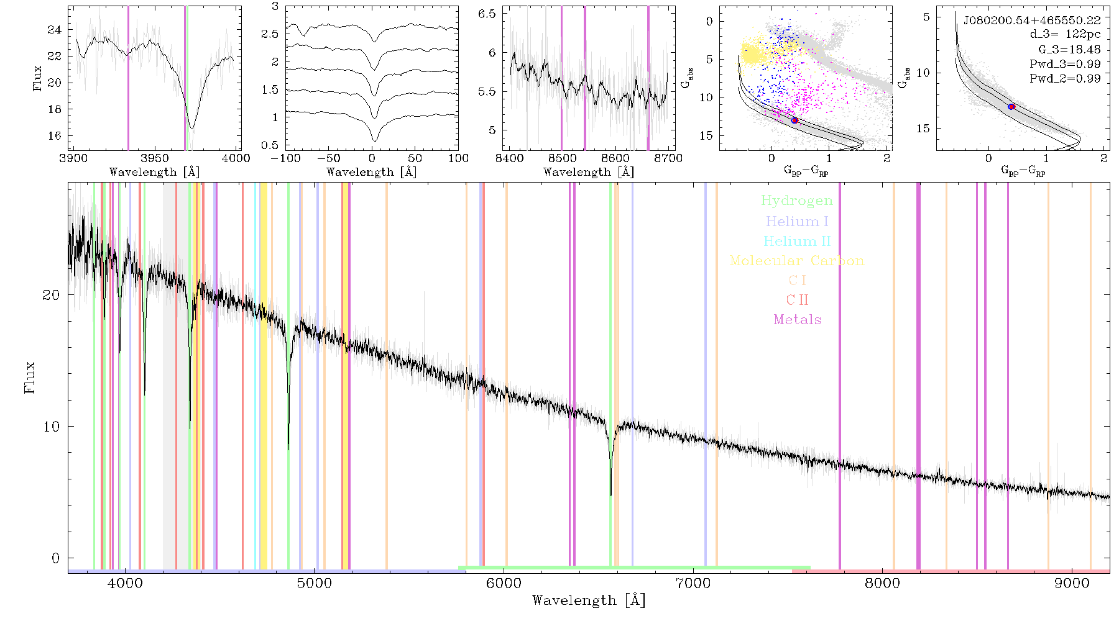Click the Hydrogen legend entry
click(796, 201)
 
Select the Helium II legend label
click(797, 241)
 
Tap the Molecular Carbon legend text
click(797, 261)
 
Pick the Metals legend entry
click(798, 320)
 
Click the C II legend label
click(798, 300)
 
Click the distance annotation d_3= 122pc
click(1065, 35)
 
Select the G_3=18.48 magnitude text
click(1069, 50)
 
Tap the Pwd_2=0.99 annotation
click(1065, 79)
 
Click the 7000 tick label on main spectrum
click(693, 583)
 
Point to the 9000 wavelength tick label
click(1072, 583)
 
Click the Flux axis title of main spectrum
click(29, 378)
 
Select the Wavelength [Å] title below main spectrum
click(589, 600)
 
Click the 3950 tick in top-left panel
click(154, 158)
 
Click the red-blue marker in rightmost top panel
click(1011, 107)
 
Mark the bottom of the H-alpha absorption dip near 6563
click(610, 495)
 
